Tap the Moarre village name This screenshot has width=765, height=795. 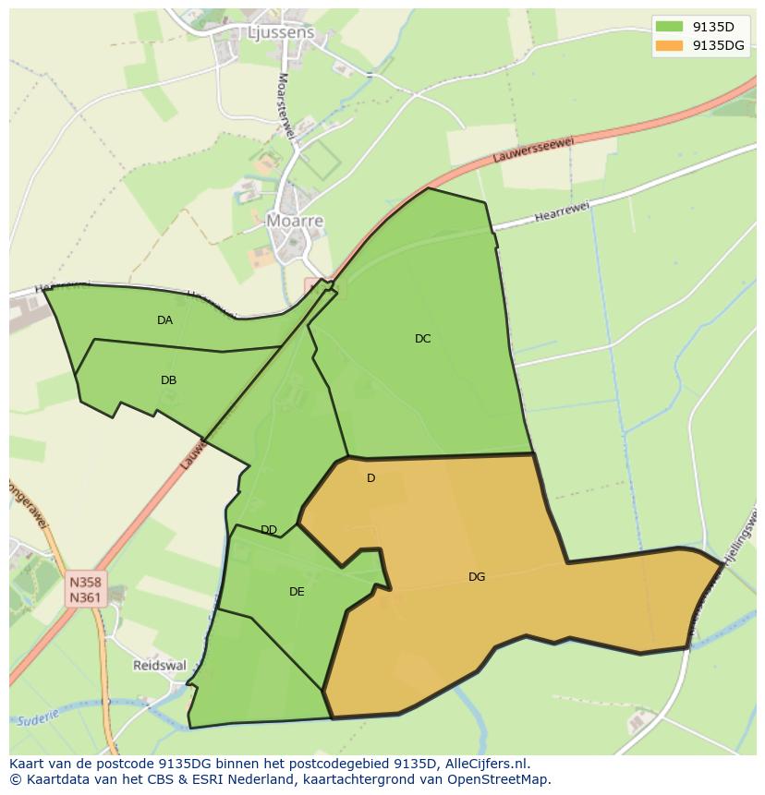pyautogui.click(x=295, y=221)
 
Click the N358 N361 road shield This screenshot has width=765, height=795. pyautogui.click(x=85, y=590)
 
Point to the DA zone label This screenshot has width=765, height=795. pyautogui.click(x=164, y=320)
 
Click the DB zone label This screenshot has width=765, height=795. pyautogui.click(x=168, y=379)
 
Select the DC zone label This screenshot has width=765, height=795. pyautogui.click(x=422, y=339)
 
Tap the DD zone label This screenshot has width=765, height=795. pyautogui.click(x=269, y=530)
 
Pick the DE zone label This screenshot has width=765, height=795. pyautogui.click(x=297, y=592)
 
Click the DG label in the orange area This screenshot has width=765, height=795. pyautogui.click(x=477, y=577)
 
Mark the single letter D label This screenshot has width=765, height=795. pyautogui.click(x=370, y=478)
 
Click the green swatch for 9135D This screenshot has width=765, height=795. pyautogui.click(x=668, y=26)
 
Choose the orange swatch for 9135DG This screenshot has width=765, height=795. pyautogui.click(x=668, y=45)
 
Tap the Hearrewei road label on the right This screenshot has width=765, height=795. pyautogui.click(x=561, y=214)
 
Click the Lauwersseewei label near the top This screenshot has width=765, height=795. pyautogui.click(x=534, y=149)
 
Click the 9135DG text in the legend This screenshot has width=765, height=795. pyautogui.click(x=719, y=45)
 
